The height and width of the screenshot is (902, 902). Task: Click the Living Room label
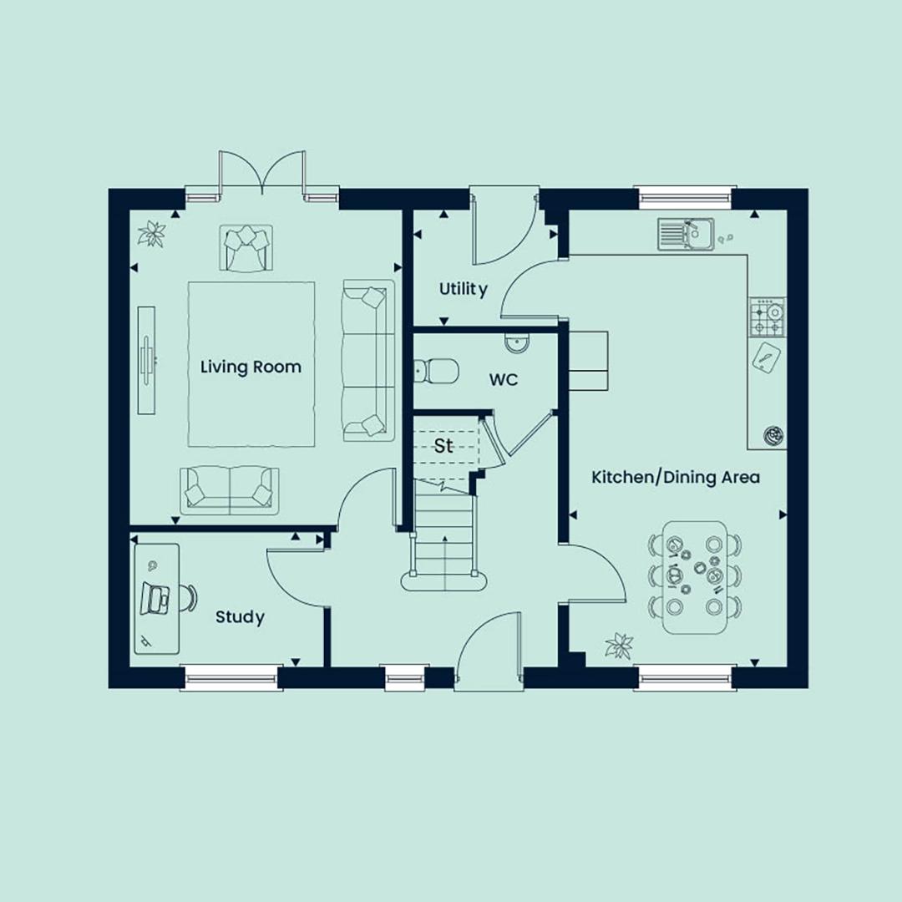tap(251, 367)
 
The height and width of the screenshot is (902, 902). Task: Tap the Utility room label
tap(463, 289)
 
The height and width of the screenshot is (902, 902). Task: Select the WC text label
tap(504, 380)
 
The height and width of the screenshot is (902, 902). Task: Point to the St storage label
tap(443, 446)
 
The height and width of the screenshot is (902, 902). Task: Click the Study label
tap(240, 617)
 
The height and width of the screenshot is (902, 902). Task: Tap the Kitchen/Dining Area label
tap(676, 477)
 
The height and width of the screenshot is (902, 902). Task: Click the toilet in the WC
tap(436, 371)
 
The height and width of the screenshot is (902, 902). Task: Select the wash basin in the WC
tap(518, 343)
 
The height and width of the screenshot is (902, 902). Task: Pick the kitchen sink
tap(686, 234)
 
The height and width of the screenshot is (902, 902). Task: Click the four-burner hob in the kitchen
tap(767, 317)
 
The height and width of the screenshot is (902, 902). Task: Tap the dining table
tap(695, 578)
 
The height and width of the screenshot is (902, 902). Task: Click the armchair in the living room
tap(246, 247)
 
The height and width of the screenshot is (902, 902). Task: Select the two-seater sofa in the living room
tap(230, 491)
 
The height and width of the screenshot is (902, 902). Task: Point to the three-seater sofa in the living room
tap(368, 361)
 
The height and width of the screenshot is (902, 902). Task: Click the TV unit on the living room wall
tap(147, 360)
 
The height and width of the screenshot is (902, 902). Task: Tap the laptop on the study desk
tap(155, 598)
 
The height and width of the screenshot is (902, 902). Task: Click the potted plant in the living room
tap(152, 234)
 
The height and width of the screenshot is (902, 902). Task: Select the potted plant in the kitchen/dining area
tap(620, 646)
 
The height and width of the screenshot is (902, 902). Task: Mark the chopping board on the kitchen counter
tap(766, 357)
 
